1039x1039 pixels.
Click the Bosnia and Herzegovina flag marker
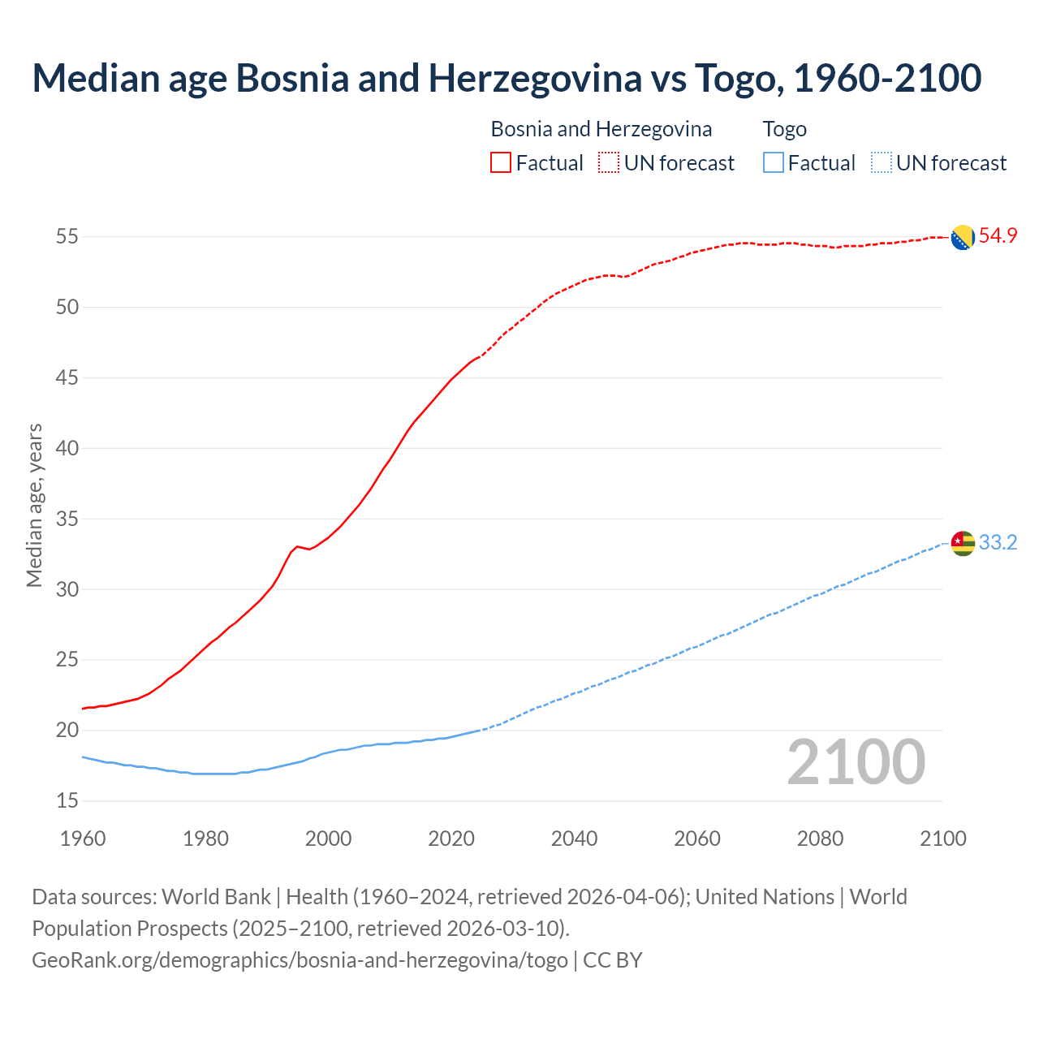click(963, 238)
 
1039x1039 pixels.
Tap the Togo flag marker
click(963, 543)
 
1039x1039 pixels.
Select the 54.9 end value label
click(998, 236)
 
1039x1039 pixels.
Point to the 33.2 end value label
click(998, 542)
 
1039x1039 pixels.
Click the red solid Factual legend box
click(501, 163)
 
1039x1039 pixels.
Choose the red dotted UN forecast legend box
click(609, 163)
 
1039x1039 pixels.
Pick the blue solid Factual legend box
click(774, 163)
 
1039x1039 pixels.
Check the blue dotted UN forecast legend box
click(881, 163)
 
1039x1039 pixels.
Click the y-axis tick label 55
click(67, 237)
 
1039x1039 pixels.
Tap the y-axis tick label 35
click(67, 519)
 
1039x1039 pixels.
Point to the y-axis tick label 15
click(67, 800)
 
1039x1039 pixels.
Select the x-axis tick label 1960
click(83, 839)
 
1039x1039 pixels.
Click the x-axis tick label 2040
click(575, 839)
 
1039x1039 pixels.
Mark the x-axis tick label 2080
click(821, 839)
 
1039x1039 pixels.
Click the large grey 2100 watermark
click(856, 762)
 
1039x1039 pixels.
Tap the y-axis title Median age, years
click(34, 505)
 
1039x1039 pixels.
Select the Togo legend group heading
click(784, 129)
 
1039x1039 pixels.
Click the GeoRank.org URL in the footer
click(300, 960)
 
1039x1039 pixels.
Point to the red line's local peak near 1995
click(297, 546)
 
